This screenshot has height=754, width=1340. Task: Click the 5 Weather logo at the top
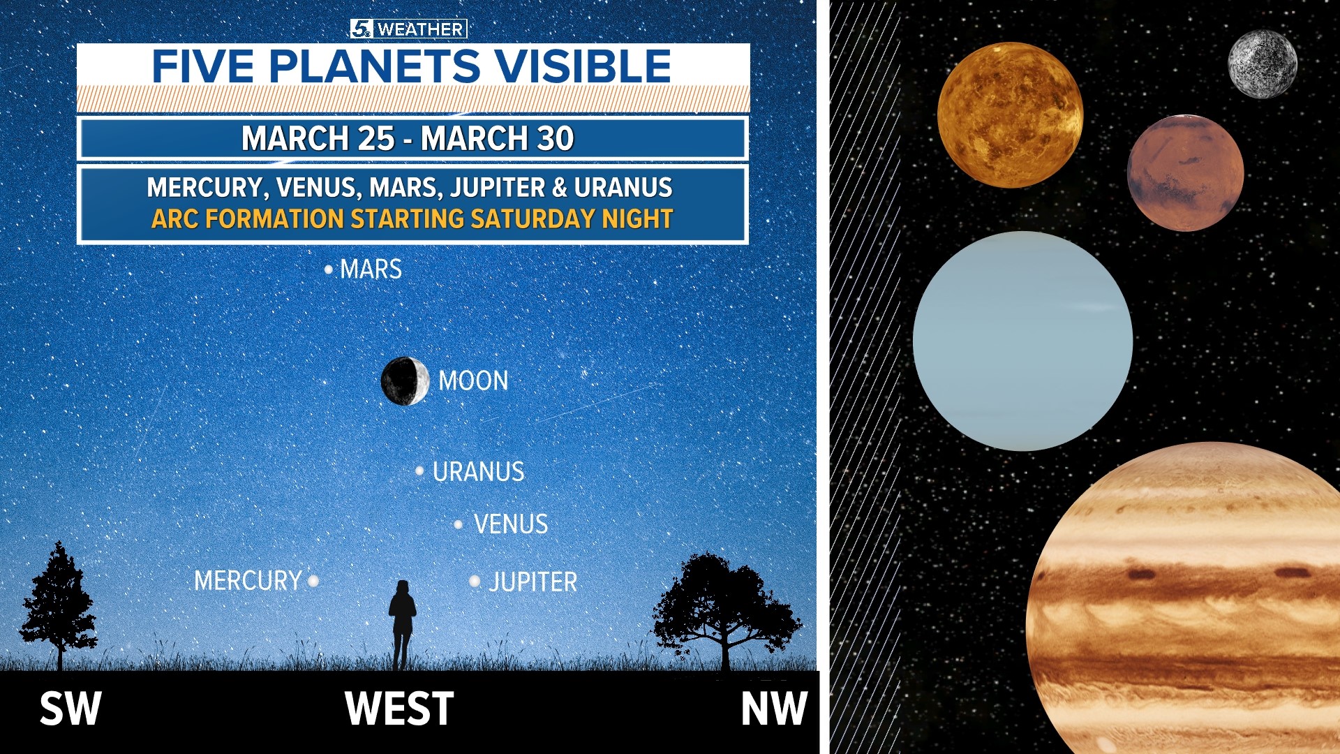coord(408,29)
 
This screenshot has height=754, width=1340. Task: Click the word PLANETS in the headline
coord(374,67)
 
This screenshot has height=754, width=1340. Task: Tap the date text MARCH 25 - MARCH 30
coord(408,138)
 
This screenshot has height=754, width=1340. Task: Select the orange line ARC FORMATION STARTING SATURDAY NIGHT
coord(412,219)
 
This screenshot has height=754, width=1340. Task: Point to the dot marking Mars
coord(329,269)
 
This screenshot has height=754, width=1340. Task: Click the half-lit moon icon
coord(405,380)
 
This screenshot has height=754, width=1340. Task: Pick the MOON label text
coord(473,381)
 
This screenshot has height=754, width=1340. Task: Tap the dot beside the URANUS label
coord(419,471)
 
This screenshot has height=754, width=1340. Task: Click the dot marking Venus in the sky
coord(459,524)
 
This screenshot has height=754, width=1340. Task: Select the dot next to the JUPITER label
coord(475,581)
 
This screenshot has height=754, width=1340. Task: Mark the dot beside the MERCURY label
coord(313,580)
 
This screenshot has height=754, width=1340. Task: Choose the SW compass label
coord(70,709)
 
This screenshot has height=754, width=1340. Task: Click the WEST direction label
coord(399,709)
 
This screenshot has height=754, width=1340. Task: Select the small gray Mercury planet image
coord(1262,64)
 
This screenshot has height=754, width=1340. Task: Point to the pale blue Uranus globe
coord(1022,341)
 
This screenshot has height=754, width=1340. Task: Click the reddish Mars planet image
coord(1185,173)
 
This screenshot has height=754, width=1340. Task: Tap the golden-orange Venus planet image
coord(1010,115)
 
